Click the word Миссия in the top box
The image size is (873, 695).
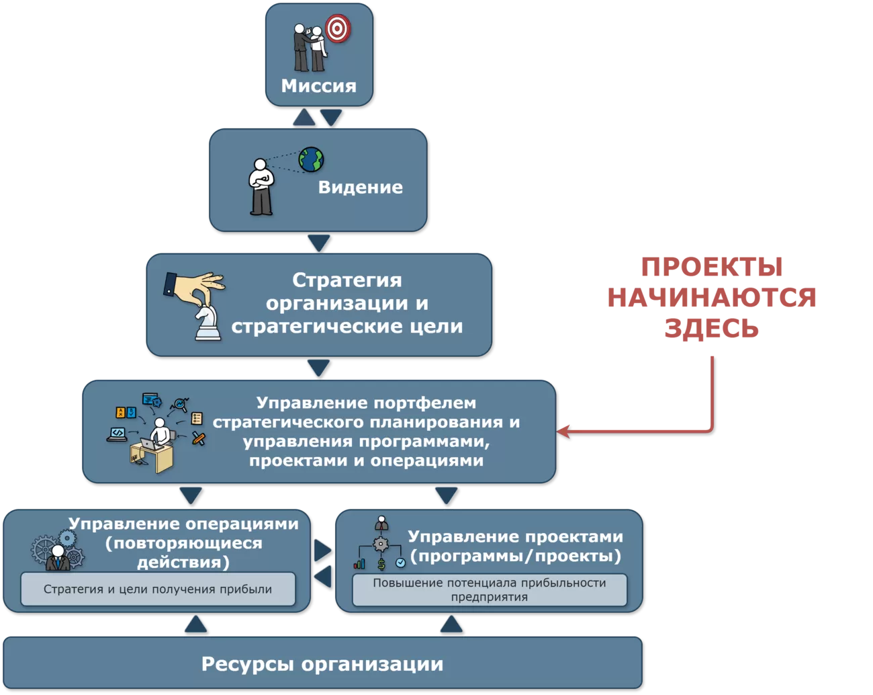[x=318, y=86]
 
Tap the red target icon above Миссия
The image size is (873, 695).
[x=338, y=28]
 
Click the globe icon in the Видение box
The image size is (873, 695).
[x=312, y=160]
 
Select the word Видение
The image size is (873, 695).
[x=360, y=188]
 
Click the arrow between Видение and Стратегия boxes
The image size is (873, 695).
[x=318, y=243]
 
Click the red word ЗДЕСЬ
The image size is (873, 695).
[x=711, y=329]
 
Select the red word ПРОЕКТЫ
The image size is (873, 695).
[x=711, y=267]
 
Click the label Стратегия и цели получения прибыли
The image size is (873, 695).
[x=158, y=589]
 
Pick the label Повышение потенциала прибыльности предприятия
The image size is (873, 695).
[x=490, y=589]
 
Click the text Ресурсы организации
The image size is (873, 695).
[x=322, y=664]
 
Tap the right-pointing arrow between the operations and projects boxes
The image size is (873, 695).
[x=322, y=550]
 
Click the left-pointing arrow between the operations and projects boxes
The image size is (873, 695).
[x=323, y=576]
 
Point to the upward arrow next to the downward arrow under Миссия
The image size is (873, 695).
[x=304, y=118]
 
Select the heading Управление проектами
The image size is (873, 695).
[x=515, y=537]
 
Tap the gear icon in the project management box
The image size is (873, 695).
[x=381, y=544]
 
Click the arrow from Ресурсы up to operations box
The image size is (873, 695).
[x=195, y=624]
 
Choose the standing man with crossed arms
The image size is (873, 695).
[x=261, y=186]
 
